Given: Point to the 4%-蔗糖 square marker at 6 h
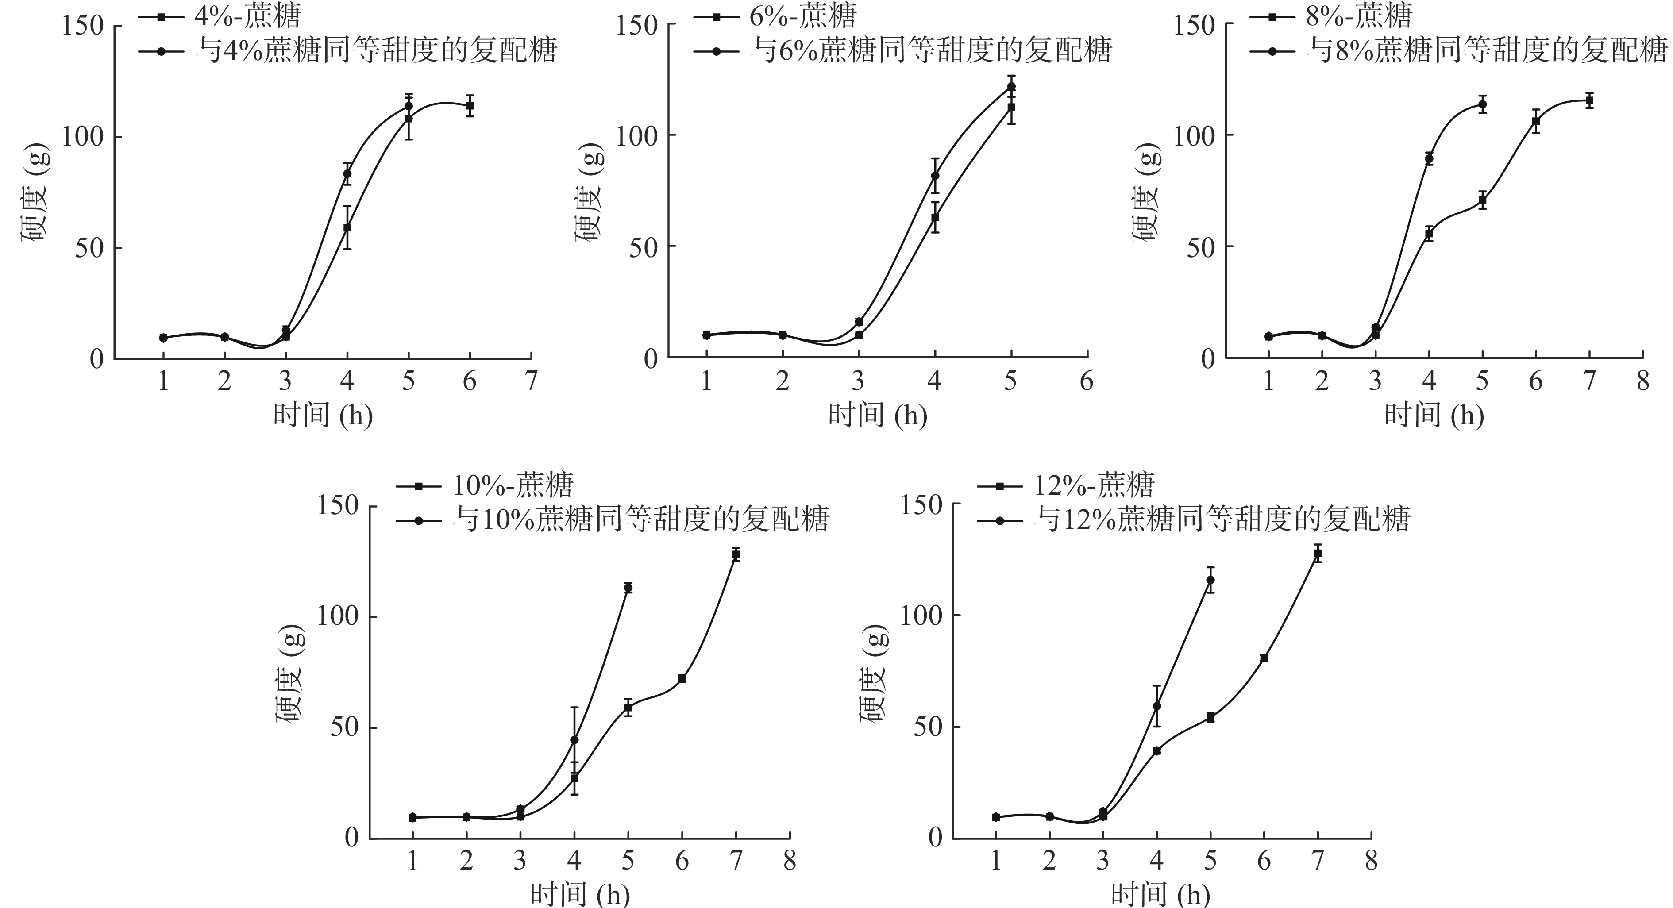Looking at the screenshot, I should click(x=470, y=105).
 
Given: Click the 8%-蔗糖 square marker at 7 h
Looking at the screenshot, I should click(x=1589, y=100).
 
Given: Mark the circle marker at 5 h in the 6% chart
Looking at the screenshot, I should click(x=1010, y=86).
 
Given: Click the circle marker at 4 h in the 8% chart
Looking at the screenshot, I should click(x=1429, y=158).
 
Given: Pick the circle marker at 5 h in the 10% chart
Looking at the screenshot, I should click(x=628, y=588).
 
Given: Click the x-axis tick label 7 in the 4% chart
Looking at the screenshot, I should click(x=531, y=381).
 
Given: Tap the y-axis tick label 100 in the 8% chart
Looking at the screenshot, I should click(x=1195, y=136).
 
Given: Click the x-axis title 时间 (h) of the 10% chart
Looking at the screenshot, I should click(x=579, y=894).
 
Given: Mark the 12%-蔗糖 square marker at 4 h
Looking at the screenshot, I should click(x=1156, y=751).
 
